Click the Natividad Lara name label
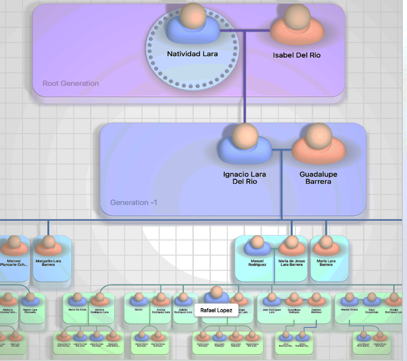[192, 54]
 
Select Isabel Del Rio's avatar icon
[296, 27]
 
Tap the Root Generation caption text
[71, 83]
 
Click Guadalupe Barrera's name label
[318, 178]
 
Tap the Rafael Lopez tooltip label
[216, 310]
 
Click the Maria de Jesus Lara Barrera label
[291, 262]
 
